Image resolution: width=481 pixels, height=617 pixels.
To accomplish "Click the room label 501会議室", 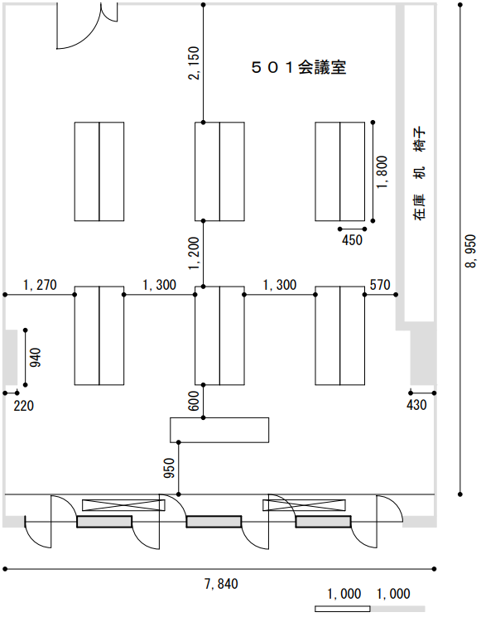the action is (299, 68).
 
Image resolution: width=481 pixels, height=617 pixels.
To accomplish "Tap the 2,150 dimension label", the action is (195, 63).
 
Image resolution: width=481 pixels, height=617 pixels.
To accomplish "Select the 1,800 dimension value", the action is (382, 172).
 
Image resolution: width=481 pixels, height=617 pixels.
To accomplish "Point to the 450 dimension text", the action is (352, 240).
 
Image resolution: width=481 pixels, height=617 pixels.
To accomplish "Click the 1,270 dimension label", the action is (40, 285).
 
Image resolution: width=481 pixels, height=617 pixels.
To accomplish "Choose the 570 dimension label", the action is (380, 285).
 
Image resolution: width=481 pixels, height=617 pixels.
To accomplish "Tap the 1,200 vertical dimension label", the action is (195, 253).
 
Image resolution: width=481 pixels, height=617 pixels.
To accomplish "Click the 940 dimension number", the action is (36, 357).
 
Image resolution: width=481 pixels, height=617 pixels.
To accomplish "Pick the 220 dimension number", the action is (24, 406).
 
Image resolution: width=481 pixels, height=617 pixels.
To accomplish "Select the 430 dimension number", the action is (416, 405).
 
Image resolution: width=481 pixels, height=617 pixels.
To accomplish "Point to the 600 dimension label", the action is (194, 402).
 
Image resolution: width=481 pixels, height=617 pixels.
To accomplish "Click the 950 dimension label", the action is (169, 468).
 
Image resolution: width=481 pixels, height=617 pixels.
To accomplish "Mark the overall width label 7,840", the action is (221, 584).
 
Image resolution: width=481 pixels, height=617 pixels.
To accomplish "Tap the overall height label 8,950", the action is (470, 252).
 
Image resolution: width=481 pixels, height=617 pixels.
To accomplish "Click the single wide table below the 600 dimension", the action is (219, 430).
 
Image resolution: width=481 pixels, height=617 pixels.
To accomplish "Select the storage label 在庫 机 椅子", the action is (420, 173).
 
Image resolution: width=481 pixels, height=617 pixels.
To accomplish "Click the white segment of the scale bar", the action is (343, 609).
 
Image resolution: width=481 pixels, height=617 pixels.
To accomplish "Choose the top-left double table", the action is (99, 171).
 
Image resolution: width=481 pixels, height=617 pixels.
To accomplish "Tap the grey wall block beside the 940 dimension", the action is (10, 357).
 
